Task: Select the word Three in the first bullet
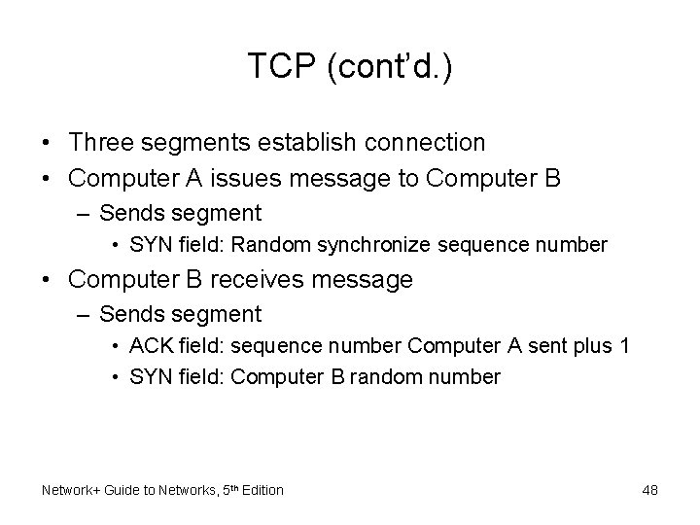(102, 142)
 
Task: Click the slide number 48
(649, 490)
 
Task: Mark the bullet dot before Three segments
(47, 143)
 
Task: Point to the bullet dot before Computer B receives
(47, 281)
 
